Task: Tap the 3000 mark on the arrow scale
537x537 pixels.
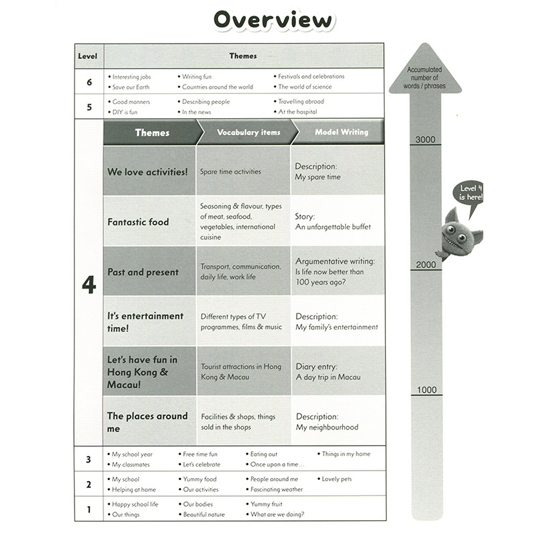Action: click(x=426, y=140)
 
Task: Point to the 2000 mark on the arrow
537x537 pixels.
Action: click(x=426, y=264)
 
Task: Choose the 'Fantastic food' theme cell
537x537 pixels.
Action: click(x=149, y=222)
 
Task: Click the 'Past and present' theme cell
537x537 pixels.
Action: click(x=149, y=272)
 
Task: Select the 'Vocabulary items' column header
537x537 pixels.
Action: click(x=248, y=132)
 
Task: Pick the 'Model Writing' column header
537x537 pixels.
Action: click(x=341, y=132)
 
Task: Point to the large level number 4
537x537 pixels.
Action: click(x=89, y=285)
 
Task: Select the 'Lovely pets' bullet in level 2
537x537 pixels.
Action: click(x=336, y=479)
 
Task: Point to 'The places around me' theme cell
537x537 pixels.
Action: click(x=149, y=422)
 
